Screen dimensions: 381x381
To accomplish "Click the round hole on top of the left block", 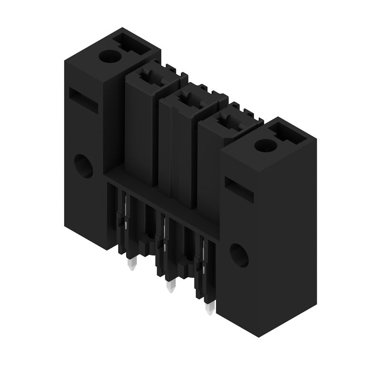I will pyautogui.click(x=111, y=57).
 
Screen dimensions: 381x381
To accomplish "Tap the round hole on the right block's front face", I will pyautogui.click(x=239, y=255).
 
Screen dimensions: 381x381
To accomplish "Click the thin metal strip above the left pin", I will pyautogui.click(x=125, y=214).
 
